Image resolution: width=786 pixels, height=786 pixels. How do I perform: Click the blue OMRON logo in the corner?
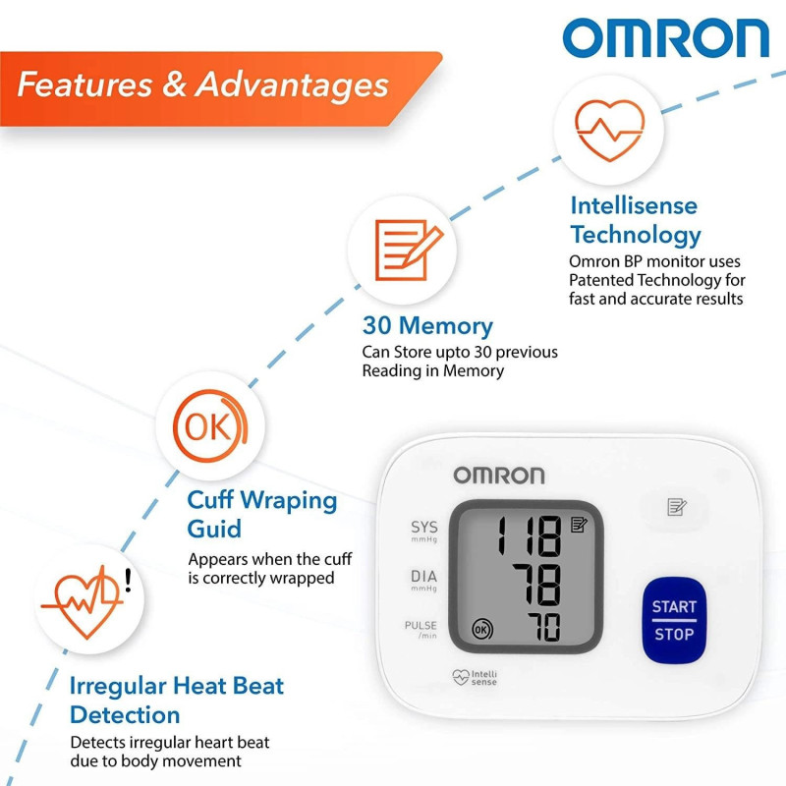pyautogui.click(x=665, y=37)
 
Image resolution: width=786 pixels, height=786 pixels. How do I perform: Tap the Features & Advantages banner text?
pyautogui.click(x=202, y=84)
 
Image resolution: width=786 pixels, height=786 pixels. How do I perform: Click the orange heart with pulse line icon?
pyautogui.click(x=609, y=130)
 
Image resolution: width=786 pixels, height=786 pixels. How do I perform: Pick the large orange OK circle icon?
pyautogui.click(x=210, y=425)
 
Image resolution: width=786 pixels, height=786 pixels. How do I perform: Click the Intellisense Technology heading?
pyautogui.click(x=635, y=220)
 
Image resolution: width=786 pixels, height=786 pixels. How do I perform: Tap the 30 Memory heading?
pyautogui.click(x=427, y=326)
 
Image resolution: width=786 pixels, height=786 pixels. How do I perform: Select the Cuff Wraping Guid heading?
pyautogui.click(x=262, y=514)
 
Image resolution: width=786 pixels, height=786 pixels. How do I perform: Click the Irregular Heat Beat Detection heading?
pyautogui.click(x=177, y=700)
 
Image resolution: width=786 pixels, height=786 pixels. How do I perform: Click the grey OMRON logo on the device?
pyautogui.click(x=499, y=476)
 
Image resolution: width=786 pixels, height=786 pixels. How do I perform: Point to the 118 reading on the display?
pyautogui.click(x=529, y=535)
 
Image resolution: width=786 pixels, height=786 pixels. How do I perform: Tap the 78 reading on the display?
pyautogui.click(x=536, y=584)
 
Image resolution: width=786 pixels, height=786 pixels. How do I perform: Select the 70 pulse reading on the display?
pyautogui.click(x=543, y=627)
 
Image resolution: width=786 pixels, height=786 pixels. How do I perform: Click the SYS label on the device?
pyautogui.click(x=424, y=527)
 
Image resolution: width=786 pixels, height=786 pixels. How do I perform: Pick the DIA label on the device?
pyautogui.click(x=424, y=576)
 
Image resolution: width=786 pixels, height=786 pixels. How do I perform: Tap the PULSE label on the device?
pyautogui.click(x=421, y=625)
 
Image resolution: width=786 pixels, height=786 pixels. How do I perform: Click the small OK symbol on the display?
pyautogui.click(x=482, y=629)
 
